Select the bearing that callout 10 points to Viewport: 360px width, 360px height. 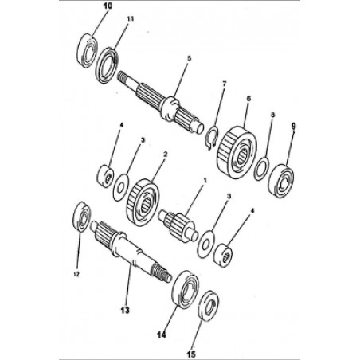pyautogui.click(x=88, y=50)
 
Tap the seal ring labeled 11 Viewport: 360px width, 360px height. pyautogui.click(x=107, y=65)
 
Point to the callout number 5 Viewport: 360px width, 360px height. pyautogui.click(x=189, y=58)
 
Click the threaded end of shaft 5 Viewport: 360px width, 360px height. pyautogui.click(x=123, y=76)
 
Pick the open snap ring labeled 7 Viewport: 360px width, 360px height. pyautogui.click(x=213, y=138)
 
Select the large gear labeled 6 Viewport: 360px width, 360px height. pyautogui.click(x=237, y=152)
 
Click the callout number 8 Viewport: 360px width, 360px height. pyautogui.click(x=272, y=115)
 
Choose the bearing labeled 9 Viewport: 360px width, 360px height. pyautogui.click(x=281, y=181)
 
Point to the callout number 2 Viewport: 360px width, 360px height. pyautogui.click(x=166, y=154)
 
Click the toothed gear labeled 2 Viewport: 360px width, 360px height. pyautogui.click(x=143, y=202)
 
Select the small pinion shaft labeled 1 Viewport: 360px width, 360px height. pyautogui.click(x=178, y=225)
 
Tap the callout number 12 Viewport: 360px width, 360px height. pyautogui.click(x=76, y=275)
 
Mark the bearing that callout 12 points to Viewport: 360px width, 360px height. pyautogui.click(x=82, y=216)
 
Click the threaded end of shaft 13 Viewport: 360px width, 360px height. pyautogui.click(x=161, y=273)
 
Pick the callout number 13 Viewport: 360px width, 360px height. pyautogui.click(x=125, y=310)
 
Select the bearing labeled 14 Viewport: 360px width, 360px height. pyautogui.click(x=186, y=289)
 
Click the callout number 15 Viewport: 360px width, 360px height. pyautogui.click(x=191, y=354)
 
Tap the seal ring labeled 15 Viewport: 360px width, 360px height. pyautogui.click(x=209, y=306)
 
